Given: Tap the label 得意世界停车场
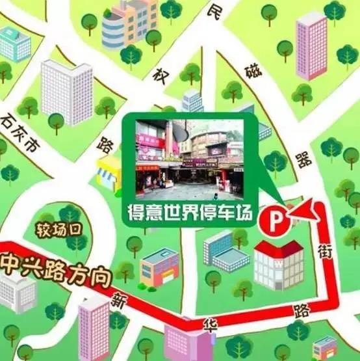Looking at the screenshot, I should click(x=192, y=213).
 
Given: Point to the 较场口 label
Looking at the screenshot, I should click(x=57, y=228).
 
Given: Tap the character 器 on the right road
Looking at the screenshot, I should click(x=303, y=159).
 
